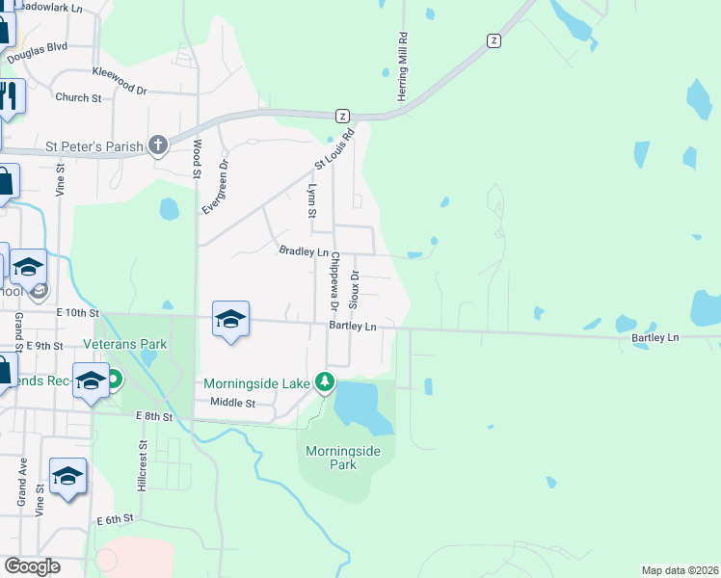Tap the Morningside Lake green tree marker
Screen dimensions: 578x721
[x=326, y=383]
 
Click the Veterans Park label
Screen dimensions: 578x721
[x=124, y=344]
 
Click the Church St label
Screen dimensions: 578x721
[x=78, y=98]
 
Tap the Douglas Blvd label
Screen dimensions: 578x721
[x=38, y=52]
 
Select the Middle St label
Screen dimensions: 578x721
[x=232, y=403]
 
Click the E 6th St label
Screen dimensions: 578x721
[x=114, y=520]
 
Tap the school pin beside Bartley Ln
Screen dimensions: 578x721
[x=231, y=318]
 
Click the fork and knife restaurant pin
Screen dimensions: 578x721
[x=8, y=96]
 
